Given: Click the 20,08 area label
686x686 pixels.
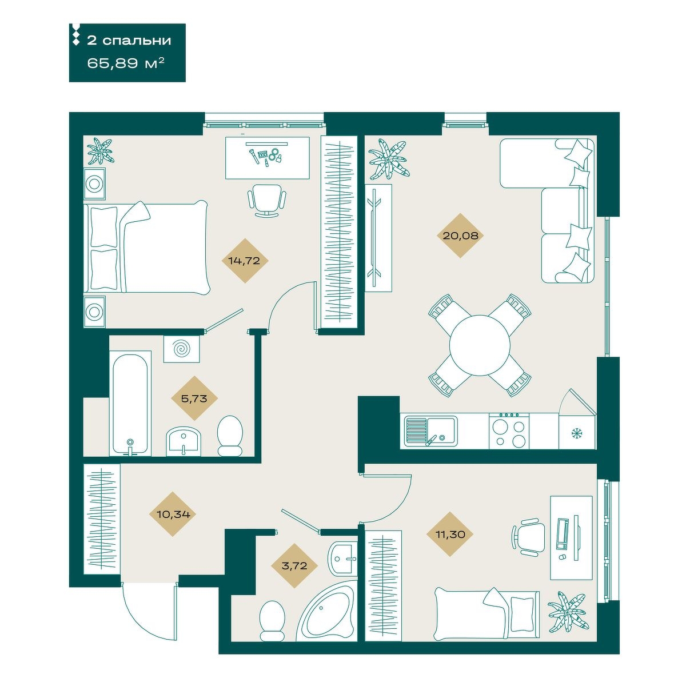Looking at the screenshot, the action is tap(460, 236).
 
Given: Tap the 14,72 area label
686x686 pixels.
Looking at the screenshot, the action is tap(244, 261).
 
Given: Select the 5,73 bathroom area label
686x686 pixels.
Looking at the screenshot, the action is tap(194, 398).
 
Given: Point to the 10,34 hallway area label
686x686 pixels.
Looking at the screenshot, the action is tap(173, 514).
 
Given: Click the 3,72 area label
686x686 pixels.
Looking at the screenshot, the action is tap(294, 566).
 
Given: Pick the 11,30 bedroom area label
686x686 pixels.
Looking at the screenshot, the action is tap(450, 535).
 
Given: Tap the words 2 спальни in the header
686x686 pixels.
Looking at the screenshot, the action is tap(129, 40).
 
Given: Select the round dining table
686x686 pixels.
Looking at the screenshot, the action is tap(480, 345).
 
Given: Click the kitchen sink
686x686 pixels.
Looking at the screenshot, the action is tap(430, 431).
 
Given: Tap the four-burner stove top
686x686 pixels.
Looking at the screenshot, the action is tap(508, 430).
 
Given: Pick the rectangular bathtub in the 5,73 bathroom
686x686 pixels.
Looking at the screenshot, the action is tap(130, 404).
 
